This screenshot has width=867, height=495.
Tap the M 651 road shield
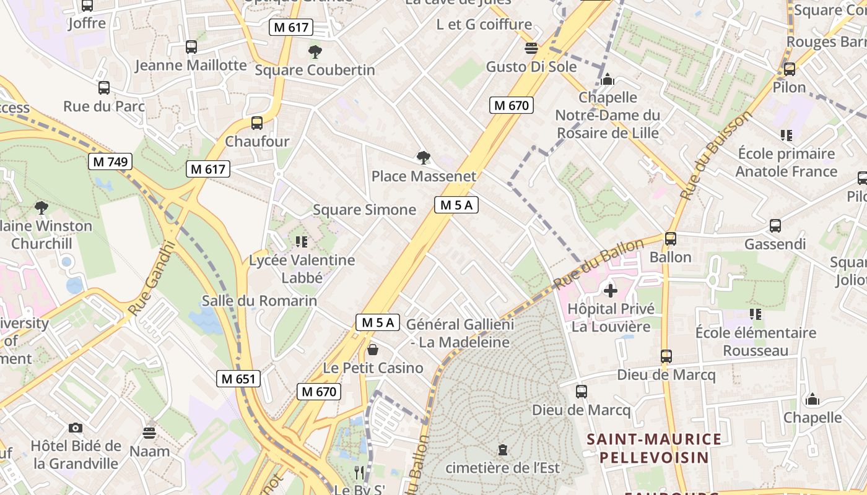click(238, 379)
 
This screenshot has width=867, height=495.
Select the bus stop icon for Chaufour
click(257, 123)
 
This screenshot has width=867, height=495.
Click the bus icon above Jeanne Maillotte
click(191, 47)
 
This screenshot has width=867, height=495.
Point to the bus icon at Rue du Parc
click(104, 88)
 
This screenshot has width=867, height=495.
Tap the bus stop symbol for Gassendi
click(775, 226)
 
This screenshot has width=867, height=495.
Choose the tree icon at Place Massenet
click(424, 158)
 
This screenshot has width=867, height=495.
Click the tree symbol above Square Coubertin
click(315, 51)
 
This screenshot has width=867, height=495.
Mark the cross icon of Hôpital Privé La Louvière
click(611, 290)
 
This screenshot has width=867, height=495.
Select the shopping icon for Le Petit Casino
click(373, 350)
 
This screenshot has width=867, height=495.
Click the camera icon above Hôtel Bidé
click(76, 428)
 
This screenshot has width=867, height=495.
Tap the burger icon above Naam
click(149, 432)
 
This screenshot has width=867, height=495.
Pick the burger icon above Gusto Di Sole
click(531, 48)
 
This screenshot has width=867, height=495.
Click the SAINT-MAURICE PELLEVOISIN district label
click(654, 449)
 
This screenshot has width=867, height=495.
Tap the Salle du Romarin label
click(259, 301)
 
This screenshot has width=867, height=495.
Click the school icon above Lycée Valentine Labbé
click(302, 241)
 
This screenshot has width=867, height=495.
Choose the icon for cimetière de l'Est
click(503, 450)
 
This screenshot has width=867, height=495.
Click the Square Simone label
click(364, 210)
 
